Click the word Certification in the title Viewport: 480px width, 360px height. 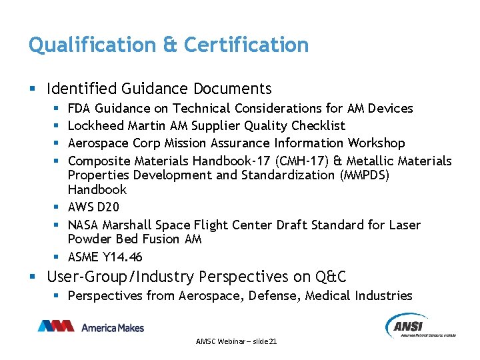pyautogui.click(x=246, y=45)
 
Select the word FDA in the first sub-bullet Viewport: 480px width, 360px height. pyautogui.click(x=80, y=108)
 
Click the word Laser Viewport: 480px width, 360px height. pyautogui.click(x=404, y=225)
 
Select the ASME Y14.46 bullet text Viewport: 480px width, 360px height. pyautogui.click(x=105, y=257)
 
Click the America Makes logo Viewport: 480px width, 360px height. pyautogui.click(x=91, y=327)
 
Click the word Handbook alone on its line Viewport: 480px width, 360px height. pyautogui.click(x=97, y=190)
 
